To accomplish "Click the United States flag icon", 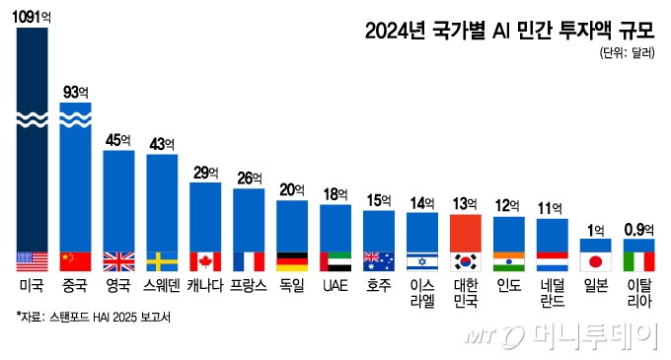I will (32, 261).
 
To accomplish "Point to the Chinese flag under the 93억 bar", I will (75, 261).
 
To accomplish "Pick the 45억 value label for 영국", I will (118, 139).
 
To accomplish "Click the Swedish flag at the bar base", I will (162, 261).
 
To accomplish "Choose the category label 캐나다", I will (205, 288).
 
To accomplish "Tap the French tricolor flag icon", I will (249, 261).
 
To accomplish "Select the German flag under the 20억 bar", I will (292, 261).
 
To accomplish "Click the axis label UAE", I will (335, 288).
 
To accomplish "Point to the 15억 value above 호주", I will (379, 201).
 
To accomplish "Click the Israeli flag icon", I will (422, 261).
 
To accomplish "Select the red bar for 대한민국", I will (465, 233).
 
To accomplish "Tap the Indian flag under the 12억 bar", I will (508, 261).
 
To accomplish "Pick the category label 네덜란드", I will (552, 295).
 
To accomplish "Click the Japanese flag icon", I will (595, 261).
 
